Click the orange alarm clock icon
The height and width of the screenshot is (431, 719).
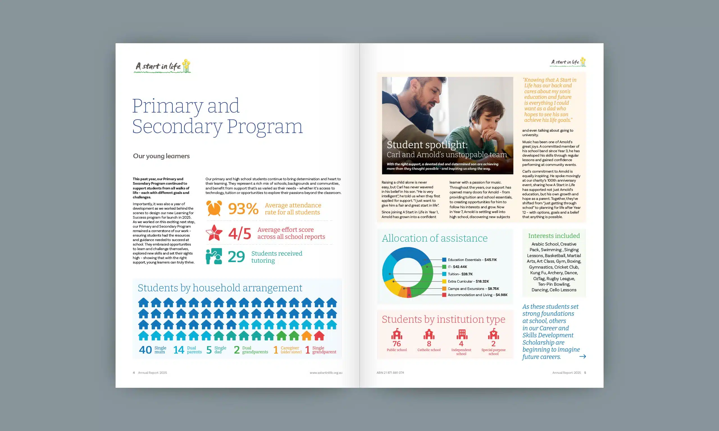coord(214,208)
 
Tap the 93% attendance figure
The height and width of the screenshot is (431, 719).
coord(243,209)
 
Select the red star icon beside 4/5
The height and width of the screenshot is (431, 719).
coord(214,233)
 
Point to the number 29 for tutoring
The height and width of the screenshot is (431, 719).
coord(236,257)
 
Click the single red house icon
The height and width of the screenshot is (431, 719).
coord(319,336)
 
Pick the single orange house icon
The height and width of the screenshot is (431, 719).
coord(307,336)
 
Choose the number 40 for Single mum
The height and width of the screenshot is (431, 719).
coord(145,350)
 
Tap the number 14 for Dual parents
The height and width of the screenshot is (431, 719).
coord(179,350)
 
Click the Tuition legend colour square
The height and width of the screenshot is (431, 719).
coord(444,274)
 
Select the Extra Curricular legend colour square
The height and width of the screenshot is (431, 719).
coord(444,281)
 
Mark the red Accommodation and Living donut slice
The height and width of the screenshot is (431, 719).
coord(409,292)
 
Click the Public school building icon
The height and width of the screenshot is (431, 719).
coord(397,334)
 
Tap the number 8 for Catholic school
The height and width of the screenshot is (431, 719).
coord(429,344)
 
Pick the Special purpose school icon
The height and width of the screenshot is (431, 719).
coord(493,334)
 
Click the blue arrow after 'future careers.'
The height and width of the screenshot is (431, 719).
coord(583,356)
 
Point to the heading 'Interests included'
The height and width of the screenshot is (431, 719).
coord(554,236)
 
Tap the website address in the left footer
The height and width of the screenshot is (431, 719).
coord(326,373)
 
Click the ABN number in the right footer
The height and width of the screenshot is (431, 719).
coord(390,373)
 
